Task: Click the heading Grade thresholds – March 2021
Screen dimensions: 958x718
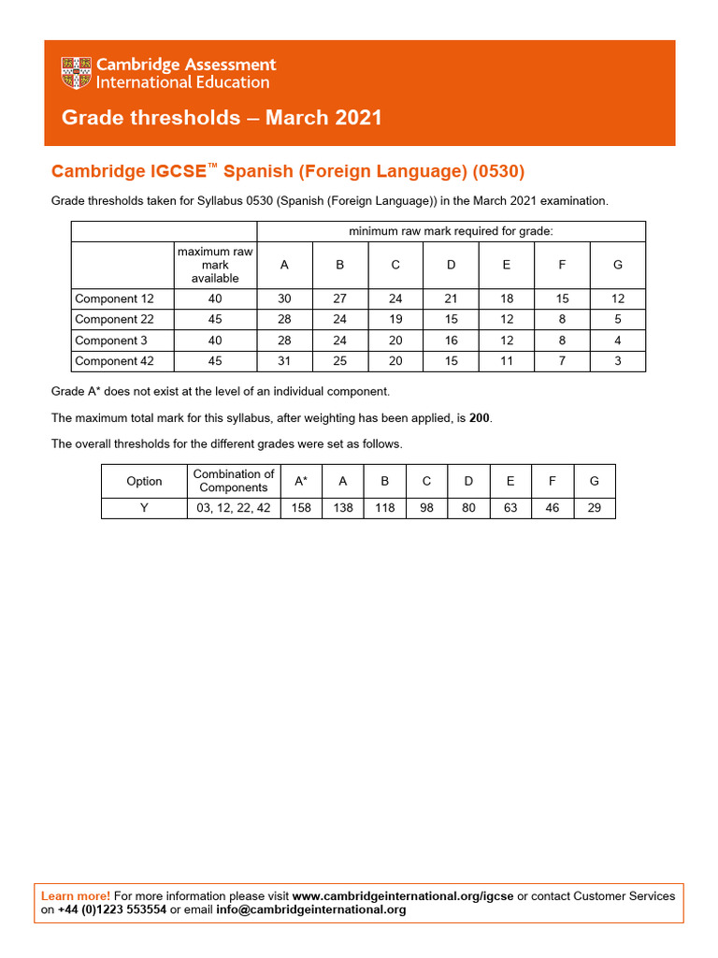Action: (x=222, y=118)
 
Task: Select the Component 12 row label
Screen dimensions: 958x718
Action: (x=114, y=299)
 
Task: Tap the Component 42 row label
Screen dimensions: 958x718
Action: (x=114, y=361)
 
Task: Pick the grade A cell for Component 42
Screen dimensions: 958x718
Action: (x=285, y=361)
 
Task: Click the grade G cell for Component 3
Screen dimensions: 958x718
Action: (x=617, y=341)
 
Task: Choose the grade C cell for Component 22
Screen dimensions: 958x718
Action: (x=395, y=320)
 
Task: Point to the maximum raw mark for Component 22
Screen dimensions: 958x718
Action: (x=215, y=320)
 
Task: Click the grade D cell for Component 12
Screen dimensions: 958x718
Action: (x=451, y=299)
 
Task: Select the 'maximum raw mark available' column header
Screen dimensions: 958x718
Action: (x=215, y=265)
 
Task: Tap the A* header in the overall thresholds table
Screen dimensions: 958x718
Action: (x=301, y=481)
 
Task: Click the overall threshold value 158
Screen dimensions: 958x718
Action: (x=301, y=508)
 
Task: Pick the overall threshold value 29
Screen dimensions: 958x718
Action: (x=595, y=508)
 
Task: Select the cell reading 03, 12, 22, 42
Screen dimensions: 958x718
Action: (x=234, y=508)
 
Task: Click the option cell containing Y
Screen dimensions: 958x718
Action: (x=144, y=508)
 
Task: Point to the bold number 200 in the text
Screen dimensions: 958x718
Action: (x=480, y=417)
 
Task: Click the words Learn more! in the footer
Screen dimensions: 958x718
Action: (x=76, y=896)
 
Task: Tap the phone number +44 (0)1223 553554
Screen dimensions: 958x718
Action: (x=112, y=909)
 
